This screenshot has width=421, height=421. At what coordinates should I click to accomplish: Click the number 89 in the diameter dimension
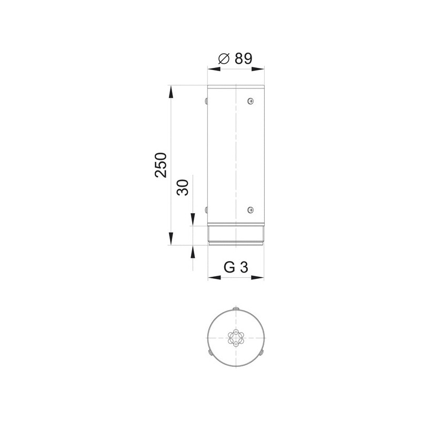click(243, 58)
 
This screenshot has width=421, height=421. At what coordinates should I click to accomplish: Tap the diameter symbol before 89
click(224, 58)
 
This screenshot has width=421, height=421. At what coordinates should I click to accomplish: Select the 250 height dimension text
click(161, 165)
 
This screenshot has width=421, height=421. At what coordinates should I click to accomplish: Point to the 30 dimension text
click(183, 187)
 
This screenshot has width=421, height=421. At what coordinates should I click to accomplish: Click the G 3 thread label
click(236, 267)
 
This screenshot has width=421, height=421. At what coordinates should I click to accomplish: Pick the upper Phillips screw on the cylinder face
click(250, 101)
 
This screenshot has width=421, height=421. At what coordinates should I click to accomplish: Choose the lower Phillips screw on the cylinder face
click(250, 209)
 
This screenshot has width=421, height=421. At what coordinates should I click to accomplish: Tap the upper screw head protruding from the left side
click(206, 101)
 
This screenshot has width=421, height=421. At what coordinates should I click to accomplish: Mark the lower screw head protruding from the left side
click(206, 209)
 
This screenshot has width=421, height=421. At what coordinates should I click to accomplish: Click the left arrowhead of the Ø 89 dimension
click(214, 69)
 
